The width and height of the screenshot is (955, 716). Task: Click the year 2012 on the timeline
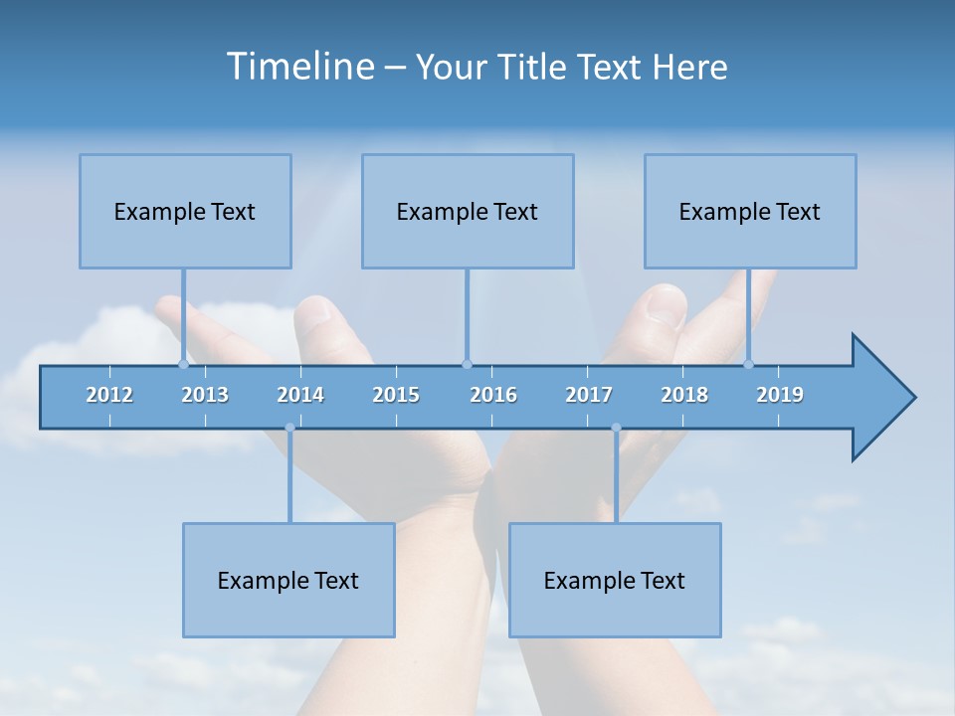click(x=109, y=395)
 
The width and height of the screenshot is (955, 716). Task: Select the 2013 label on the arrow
click(x=205, y=395)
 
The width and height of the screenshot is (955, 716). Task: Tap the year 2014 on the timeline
click(x=300, y=395)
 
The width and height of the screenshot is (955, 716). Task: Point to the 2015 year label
click(x=396, y=395)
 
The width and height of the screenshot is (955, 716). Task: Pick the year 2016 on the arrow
click(x=493, y=395)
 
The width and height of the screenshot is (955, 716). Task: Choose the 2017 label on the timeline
click(x=589, y=395)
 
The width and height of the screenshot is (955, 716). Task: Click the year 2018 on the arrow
click(x=684, y=395)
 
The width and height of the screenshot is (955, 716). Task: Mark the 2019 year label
click(x=780, y=395)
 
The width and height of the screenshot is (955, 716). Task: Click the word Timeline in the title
click(x=298, y=67)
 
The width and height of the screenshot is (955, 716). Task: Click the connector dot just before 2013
click(x=183, y=364)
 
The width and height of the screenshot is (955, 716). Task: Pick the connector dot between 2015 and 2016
click(x=467, y=364)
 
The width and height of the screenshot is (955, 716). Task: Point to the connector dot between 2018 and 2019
click(x=749, y=364)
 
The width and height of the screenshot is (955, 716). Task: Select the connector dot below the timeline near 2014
click(x=289, y=428)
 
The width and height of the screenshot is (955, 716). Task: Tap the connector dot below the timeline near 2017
click(x=616, y=428)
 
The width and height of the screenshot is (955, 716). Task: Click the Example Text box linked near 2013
click(x=185, y=211)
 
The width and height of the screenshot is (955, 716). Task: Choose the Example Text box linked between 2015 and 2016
click(x=468, y=211)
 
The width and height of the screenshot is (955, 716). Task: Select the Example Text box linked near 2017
click(x=615, y=580)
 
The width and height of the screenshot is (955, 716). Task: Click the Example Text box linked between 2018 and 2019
click(x=750, y=211)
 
